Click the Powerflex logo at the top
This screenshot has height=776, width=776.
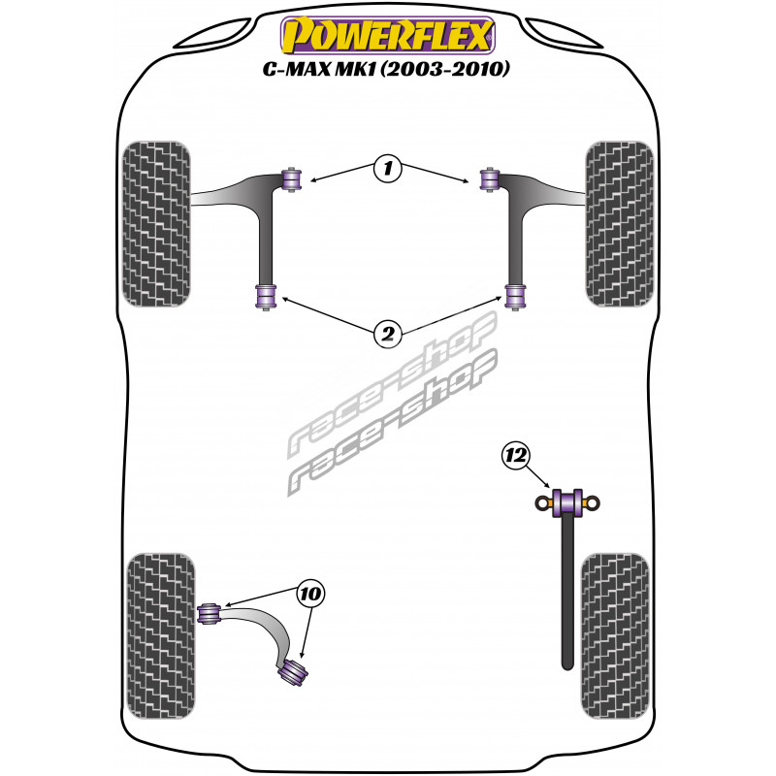pyautogui.click(x=388, y=35)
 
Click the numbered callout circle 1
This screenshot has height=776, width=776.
pyautogui.click(x=387, y=168)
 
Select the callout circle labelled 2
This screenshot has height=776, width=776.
pyautogui.click(x=387, y=334)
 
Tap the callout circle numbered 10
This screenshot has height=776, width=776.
pyautogui.click(x=310, y=593)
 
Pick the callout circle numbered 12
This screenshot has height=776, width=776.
pyautogui.click(x=516, y=455)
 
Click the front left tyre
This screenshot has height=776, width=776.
pyautogui.click(x=156, y=224)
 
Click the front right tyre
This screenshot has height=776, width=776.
pyautogui.click(x=619, y=224)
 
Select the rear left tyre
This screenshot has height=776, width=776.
pyautogui.click(x=161, y=636)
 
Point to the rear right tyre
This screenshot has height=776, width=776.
pyautogui.click(x=614, y=636)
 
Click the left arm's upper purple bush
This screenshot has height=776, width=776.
pyautogui.click(x=292, y=179)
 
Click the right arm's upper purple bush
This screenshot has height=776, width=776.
pyautogui.click(x=490, y=179)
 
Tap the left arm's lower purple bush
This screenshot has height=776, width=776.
pyautogui.click(x=266, y=297)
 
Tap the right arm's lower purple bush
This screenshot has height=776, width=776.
pyautogui.click(x=516, y=297)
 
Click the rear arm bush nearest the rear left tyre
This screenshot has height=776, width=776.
pyautogui.click(x=209, y=612)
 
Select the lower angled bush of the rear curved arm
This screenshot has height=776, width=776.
pyautogui.click(x=293, y=671)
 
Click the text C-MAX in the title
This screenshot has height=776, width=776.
pyautogui.click(x=298, y=69)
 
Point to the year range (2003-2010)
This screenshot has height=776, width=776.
pyautogui.click(x=445, y=69)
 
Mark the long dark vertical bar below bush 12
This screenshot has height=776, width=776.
pyautogui.click(x=567, y=593)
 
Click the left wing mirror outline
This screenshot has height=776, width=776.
pyautogui.click(x=211, y=34)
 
